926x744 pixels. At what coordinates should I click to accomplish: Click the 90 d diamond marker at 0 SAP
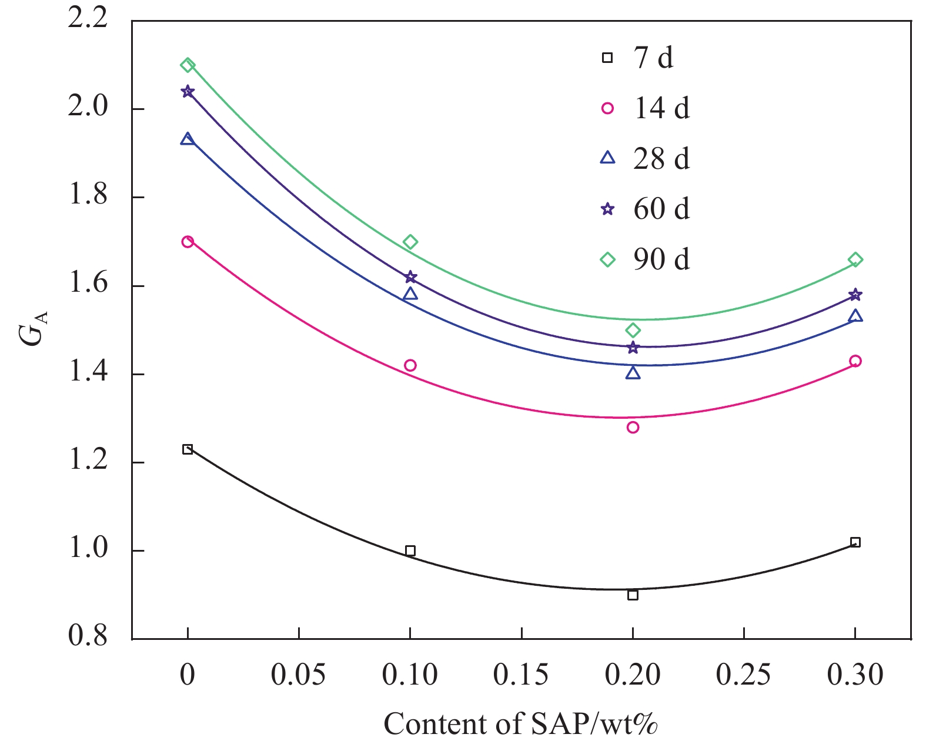coord(188,65)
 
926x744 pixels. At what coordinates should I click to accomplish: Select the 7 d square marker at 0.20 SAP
coord(633,595)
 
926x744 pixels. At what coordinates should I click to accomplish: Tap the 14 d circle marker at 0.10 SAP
coord(410,365)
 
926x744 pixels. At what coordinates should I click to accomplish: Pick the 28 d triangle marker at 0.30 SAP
coord(855,316)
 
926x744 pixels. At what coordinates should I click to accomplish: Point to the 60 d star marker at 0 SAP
coord(188,91)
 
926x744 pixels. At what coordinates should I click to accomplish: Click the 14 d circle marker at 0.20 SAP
coord(633,427)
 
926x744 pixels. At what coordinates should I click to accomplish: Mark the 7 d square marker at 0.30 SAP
coord(855,542)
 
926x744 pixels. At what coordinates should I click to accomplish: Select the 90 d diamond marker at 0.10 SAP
coord(410,242)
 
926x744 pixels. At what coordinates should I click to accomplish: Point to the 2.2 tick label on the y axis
coord(88,19)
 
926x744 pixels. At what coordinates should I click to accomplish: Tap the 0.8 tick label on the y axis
coord(88,637)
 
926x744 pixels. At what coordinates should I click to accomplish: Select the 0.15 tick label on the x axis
coord(521,675)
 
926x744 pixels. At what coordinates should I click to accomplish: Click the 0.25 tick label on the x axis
coord(743,675)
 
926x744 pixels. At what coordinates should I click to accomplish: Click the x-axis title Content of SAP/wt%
coord(520,724)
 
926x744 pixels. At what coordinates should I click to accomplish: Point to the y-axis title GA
coord(33,328)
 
